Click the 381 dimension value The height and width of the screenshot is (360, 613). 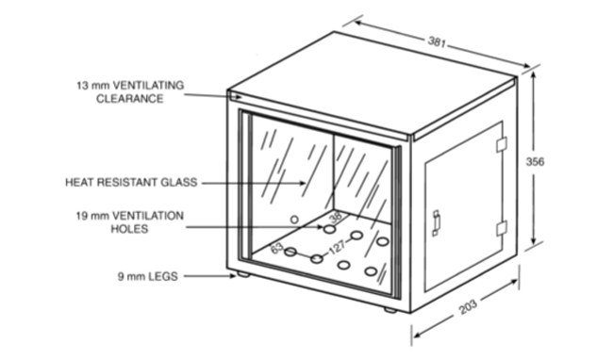(x=437, y=41)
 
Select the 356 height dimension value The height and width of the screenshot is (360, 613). (x=535, y=162)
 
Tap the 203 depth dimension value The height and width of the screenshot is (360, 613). (x=468, y=307)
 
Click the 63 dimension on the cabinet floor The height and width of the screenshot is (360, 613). (x=276, y=248)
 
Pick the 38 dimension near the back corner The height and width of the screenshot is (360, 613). (x=336, y=216)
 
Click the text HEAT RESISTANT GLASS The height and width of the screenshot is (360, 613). (x=131, y=182)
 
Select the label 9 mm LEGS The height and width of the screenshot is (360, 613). (x=148, y=276)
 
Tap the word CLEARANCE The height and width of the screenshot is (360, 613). (x=130, y=98)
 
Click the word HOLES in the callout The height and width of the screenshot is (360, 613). (x=129, y=228)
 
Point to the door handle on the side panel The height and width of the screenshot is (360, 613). (x=436, y=223)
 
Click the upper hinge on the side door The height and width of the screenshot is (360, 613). (x=502, y=144)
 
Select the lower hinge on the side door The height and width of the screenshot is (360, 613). (x=502, y=228)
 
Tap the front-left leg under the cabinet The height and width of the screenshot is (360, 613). (x=243, y=274)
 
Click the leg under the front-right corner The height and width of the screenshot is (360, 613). (x=389, y=310)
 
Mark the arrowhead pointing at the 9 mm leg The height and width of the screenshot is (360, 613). (x=233, y=276)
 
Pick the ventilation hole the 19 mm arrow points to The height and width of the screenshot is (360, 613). (x=329, y=229)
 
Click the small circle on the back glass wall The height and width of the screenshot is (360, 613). (x=294, y=220)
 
